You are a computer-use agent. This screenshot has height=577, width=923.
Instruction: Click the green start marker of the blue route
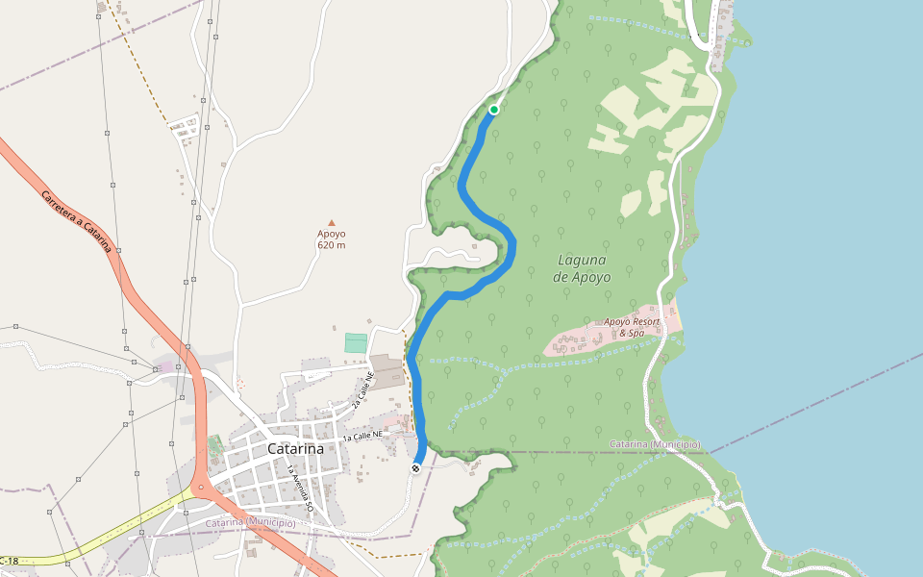coord(494,110)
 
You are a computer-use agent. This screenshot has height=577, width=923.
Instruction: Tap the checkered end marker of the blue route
coord(415,468)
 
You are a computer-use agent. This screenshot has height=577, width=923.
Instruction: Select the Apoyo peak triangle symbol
coord(332,222)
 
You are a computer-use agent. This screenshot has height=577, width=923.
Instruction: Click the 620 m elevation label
coord(332,245)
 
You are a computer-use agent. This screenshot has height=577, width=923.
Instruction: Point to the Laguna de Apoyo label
coord(582,267)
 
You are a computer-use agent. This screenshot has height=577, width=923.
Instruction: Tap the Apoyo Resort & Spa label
coord(633,327)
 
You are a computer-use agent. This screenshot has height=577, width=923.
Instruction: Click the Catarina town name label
coord(295,449)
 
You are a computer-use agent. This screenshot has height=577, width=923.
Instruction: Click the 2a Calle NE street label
coord(362,390)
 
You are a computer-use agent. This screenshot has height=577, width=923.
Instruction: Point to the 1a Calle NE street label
coord(362,437)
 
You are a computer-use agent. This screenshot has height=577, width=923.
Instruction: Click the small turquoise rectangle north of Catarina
coord(356,342)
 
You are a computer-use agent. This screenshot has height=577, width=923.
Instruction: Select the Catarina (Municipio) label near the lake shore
coord(655,444)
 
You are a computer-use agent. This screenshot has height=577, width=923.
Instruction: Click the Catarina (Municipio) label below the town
coord(250,522)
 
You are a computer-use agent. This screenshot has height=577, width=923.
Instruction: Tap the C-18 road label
coord(9,561)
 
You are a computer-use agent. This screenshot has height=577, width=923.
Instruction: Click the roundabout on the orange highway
coord(202,489)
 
